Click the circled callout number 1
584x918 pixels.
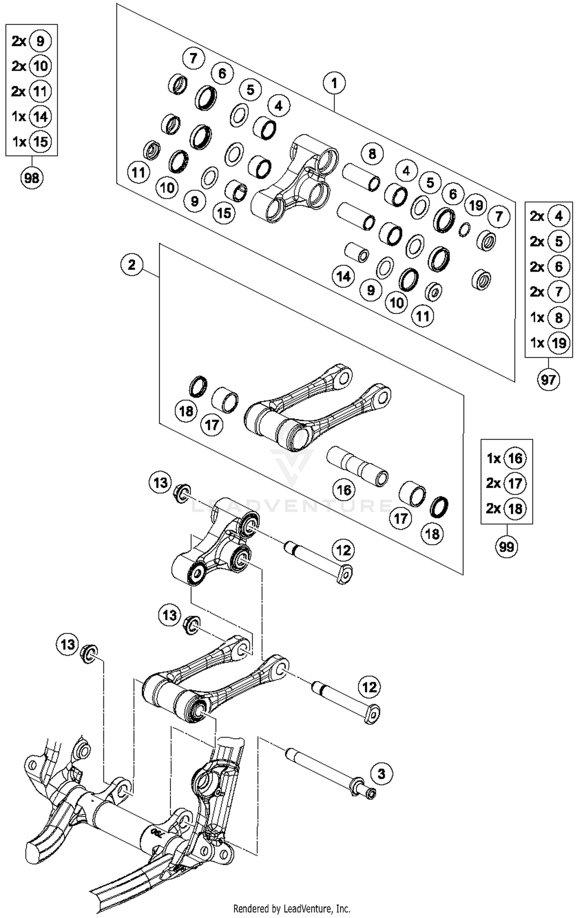tap(334, 83)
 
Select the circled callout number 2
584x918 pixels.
tap(132, 265)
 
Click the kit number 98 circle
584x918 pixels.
tap(32, 178)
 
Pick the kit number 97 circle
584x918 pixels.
tap(548, 379)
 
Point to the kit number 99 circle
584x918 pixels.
tap(507, 547)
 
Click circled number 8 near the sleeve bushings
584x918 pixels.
tap(372, 154)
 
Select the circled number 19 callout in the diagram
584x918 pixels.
tap(476, 205)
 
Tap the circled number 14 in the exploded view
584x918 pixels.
tap(343, 277)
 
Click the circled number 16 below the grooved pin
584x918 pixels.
tap(344, 490)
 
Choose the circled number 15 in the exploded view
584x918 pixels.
tap(224, 213)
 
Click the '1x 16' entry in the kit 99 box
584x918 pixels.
tap(506, 458)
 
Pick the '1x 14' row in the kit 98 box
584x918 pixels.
tap(31, 116)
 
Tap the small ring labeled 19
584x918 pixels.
tap(464, 229)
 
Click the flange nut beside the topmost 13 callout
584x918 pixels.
tap(182, 493)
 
